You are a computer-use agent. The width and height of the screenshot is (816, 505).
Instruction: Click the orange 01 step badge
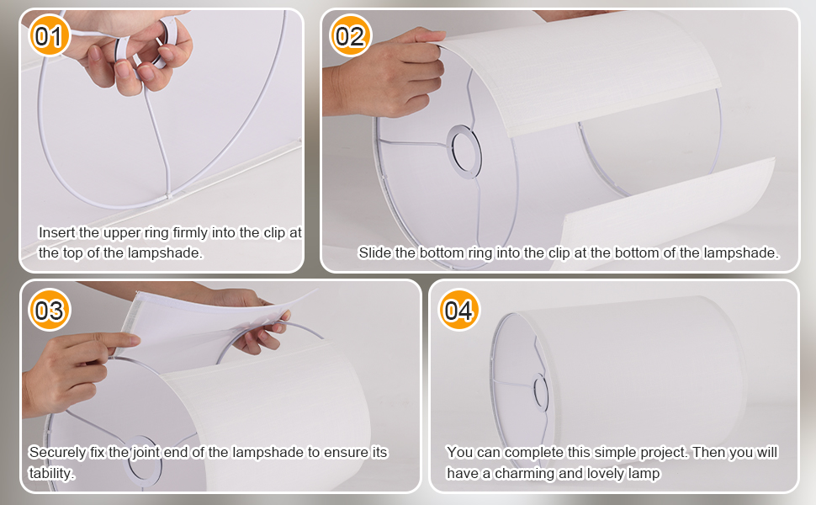click(x=49, y=35)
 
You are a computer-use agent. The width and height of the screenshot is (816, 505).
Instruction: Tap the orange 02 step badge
click(x=350, y=35)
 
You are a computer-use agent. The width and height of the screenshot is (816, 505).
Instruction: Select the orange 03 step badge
click(x=50, y=310)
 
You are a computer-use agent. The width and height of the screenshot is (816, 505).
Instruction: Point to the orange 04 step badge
click(x=459, y=310)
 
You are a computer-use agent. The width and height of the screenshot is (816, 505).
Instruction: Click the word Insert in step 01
click(x=56, y=232)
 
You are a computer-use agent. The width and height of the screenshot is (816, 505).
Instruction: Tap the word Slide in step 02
click(x=374, y=252)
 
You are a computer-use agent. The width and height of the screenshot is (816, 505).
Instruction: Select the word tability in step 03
click(x=51, y=473)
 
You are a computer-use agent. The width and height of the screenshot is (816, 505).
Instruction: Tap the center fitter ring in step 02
click(x=464, y=151)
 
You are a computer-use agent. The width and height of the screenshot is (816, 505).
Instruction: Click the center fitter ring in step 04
click(x=541, y=392)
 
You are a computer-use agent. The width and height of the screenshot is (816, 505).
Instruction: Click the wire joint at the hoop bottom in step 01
click(x=168, y=197)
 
